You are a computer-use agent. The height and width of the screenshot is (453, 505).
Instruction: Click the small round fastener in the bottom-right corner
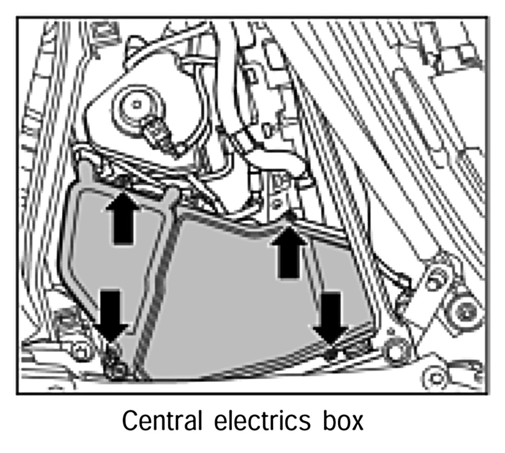pos(436,377)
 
